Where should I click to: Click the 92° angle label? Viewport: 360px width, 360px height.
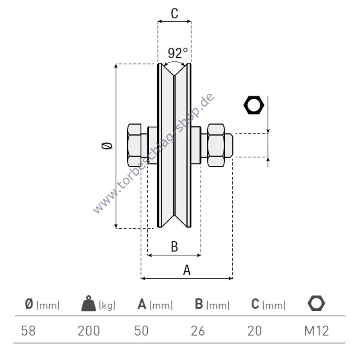[178, 53]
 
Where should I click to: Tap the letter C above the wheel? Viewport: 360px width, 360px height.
[174, 14]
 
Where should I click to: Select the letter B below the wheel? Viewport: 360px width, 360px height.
[174, 246]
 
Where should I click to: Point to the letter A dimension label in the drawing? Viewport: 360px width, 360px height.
[187, 270]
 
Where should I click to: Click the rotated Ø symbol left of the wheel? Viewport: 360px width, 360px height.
[107, 146]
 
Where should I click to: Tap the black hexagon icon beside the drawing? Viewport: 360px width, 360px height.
[254, 105]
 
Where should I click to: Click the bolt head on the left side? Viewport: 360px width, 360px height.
[134, 145]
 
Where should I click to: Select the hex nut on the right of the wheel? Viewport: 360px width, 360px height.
[216, 145]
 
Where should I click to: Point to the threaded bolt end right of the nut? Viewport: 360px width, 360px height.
[229, 145]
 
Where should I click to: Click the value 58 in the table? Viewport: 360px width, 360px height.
[28, 331]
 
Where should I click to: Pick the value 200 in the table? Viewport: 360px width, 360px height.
[89, 331]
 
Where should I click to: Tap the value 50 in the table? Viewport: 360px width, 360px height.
[142, 331]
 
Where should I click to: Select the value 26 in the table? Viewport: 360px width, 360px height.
[198, 331]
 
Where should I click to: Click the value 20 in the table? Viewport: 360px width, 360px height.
[255, 331]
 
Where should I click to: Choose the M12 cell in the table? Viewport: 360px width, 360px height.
[317, 331]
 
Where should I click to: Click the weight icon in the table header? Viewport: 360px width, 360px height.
[89, 303]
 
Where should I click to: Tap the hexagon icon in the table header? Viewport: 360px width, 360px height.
[316, 303]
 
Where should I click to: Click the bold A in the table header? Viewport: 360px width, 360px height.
[142, 304]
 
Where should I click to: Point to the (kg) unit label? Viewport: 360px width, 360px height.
[107, 305]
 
